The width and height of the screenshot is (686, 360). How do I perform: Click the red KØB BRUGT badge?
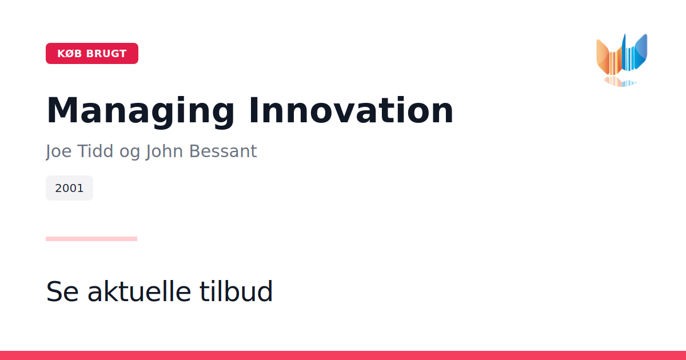click(x=92, y=53)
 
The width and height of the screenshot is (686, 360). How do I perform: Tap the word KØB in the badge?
click(x=70, y=54)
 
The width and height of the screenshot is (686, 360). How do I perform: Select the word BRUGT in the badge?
click(x=106, y=54)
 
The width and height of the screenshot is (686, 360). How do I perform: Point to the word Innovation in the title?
click(x=351, y=110)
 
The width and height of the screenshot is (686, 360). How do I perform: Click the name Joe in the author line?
click(x=59, y=151)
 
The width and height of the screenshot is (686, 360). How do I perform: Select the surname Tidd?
click(x=95, y=151)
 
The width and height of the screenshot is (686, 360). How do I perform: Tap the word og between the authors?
click(x=130, y=153)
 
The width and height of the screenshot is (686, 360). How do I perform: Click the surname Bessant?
click(x=223, y=151)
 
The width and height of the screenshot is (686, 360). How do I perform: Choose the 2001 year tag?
click(x=69, y=188)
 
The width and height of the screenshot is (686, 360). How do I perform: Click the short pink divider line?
click(x=91, y=239)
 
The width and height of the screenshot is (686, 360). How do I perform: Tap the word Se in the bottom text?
click(x=62, y=291)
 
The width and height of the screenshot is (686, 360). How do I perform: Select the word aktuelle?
click(x=139, y=291)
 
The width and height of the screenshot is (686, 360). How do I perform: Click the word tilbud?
click(x=236, y=291)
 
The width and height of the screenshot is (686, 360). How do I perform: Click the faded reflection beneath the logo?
click(x=620, y=82)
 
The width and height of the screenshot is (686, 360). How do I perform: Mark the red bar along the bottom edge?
click(x=343, y=355)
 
